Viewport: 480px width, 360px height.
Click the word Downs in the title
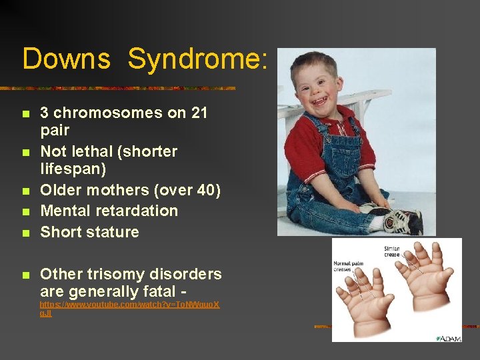(x=66, y=59)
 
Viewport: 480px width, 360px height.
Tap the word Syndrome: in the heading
(x=198, y=59)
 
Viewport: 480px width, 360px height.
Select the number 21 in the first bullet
(x=199, y=113)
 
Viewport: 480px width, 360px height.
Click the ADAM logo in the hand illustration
(x=447, y=338)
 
